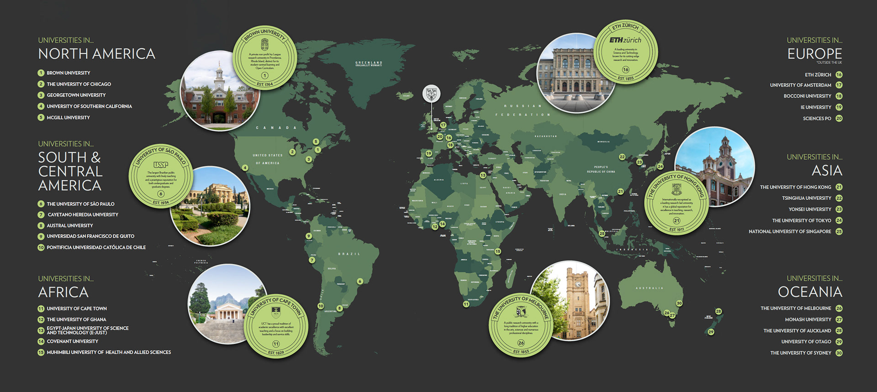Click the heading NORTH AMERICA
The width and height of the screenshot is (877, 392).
(96, 54)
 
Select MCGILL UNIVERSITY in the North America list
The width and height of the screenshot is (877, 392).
(68, 118)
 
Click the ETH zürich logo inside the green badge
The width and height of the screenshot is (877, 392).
(625, 40)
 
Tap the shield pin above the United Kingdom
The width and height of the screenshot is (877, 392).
(431, 94)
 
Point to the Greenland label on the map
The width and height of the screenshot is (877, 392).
(369, 63)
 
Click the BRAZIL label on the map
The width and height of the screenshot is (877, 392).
(349, 254)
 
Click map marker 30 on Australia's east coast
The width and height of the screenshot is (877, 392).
(679, 303)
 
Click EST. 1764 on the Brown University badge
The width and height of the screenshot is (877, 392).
(264, 84)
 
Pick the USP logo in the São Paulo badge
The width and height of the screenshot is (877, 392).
(161, 164)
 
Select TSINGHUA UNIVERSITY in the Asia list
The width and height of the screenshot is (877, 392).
(806, 198)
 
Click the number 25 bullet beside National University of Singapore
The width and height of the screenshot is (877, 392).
(839, 232)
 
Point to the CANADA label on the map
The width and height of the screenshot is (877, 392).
(276, 128)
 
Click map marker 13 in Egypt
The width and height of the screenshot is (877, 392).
(483, 175)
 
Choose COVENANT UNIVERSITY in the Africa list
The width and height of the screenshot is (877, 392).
(72, 341)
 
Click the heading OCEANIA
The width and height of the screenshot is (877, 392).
(810, 292)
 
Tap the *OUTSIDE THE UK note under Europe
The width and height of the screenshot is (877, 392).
(829, 63)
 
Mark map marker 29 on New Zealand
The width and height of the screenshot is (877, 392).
(711, 332)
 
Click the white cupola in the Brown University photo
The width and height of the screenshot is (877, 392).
(219, 74)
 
